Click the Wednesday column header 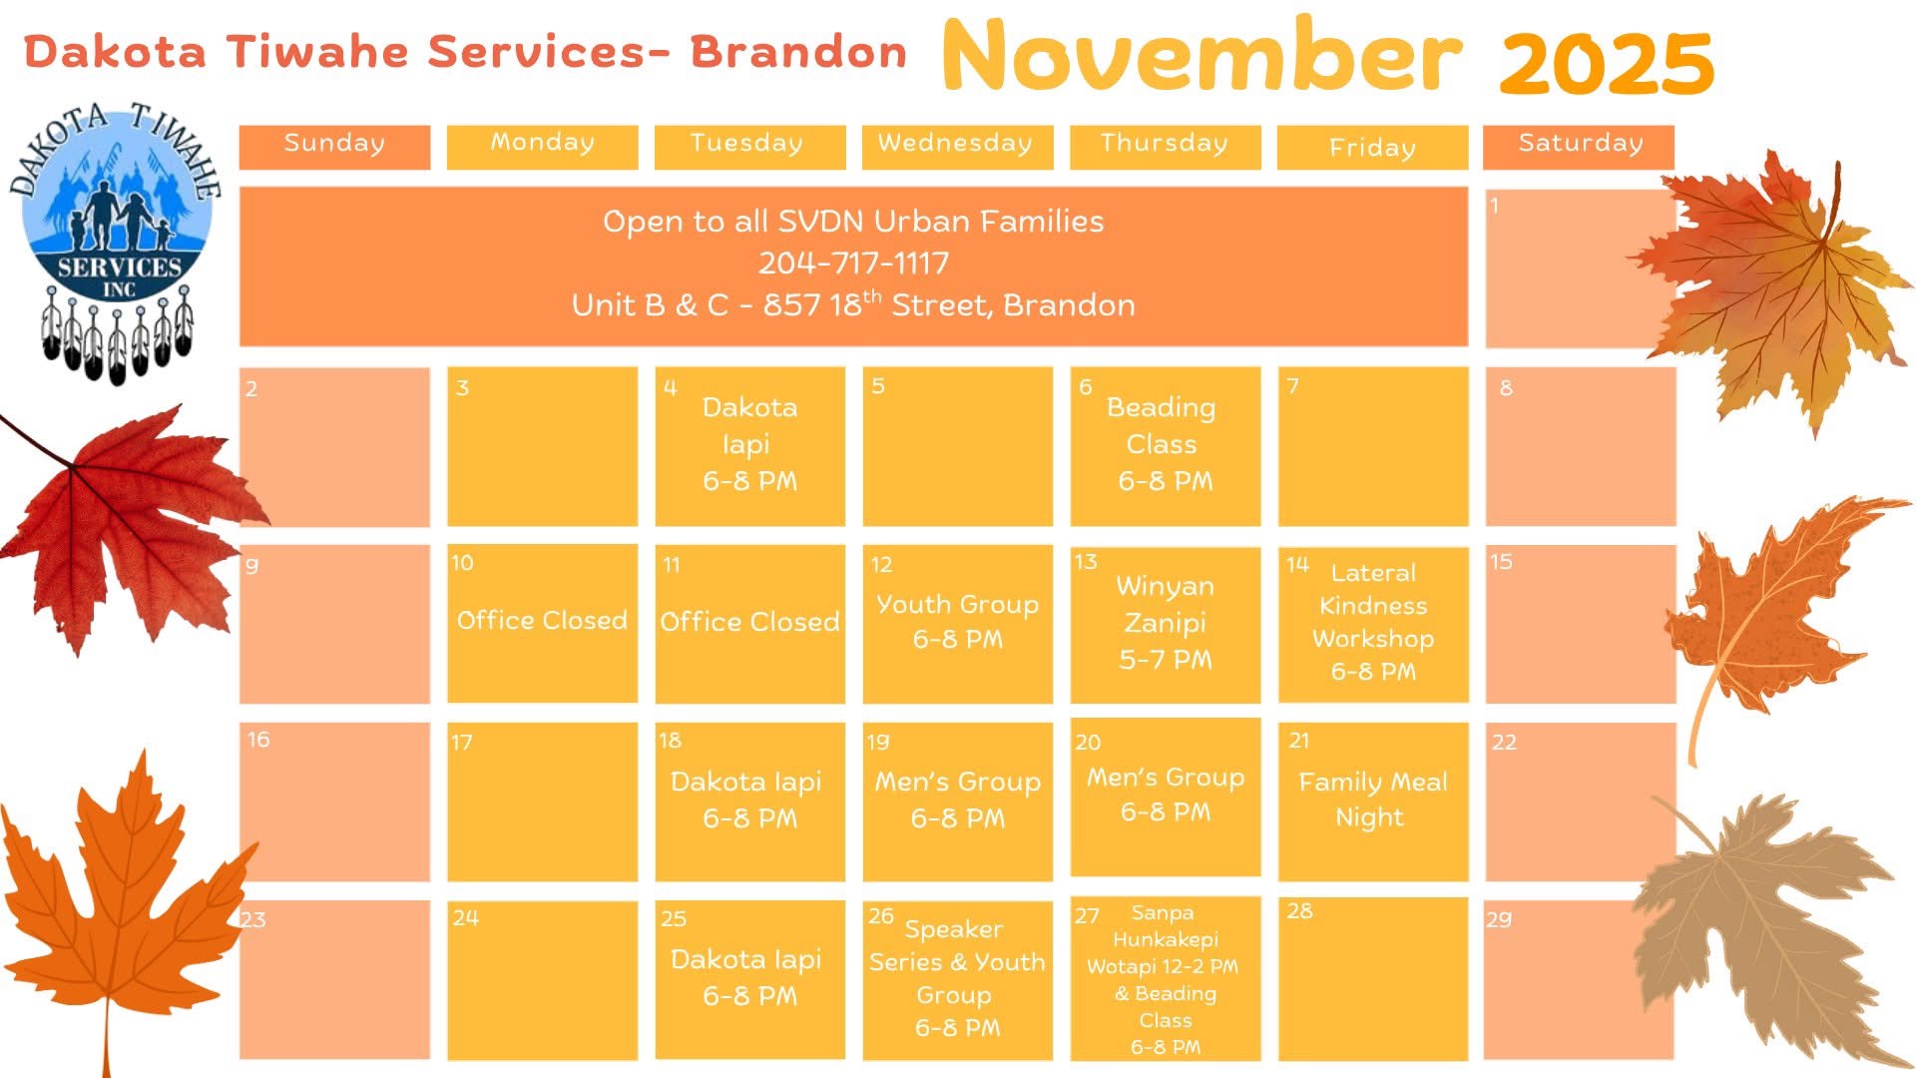coord(957,146)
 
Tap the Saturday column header coord(1579,146)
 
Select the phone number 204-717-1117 coord(853,264)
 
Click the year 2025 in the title coord(1607,64)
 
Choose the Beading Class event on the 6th coord(1164,444)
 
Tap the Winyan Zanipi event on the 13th coord(1166,623)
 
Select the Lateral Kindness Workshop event coord(1373,622)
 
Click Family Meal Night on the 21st coord(1372,800)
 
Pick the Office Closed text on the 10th coord(542,621)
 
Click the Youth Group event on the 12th coord(957,622)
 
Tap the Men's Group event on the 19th coord(957,800)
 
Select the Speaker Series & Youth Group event coord(956,978)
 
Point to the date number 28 coord(1299,911)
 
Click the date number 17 coord(461,743)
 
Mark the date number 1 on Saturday coord(1494,206)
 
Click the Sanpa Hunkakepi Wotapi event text coord(1164,979)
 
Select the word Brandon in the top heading coord(798,52)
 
